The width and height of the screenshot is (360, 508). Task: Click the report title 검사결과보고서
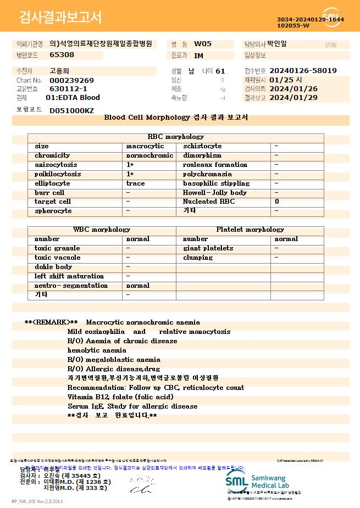coord(60,18)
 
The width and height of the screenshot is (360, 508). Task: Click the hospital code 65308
coord(62,54)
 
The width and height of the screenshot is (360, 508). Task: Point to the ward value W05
coord(203,43)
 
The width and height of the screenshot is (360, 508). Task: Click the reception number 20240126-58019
coord(303,71)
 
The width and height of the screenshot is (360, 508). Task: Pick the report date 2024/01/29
coord(294,97)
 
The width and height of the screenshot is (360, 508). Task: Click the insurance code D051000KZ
coord(71,110)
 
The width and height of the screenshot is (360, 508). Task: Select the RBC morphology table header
coord(176,136)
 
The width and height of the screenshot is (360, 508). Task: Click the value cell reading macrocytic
coord(145,146)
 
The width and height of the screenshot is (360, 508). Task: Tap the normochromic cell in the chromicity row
coord(149,155)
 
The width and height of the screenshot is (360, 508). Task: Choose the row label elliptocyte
coord(52,183)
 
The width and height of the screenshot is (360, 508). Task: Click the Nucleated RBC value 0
coord(276,202)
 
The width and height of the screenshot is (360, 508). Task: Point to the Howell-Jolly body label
coord(215,193)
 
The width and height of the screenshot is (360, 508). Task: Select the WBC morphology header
coord(102,229)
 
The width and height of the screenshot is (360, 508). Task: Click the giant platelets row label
coord(208,248)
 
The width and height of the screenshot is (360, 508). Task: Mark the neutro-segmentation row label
coord(71,286)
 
